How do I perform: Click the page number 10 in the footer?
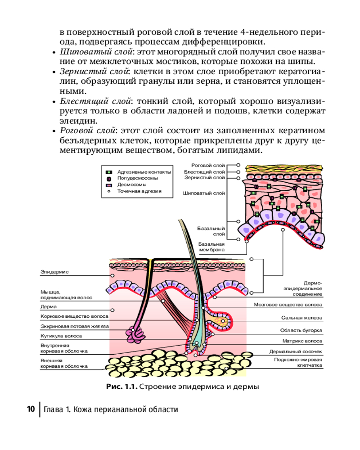[x=31, y=409]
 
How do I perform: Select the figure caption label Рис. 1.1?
[x=121, y=386]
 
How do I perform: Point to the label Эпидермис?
[x=54, y=272]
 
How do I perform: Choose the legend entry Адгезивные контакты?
[x=144, y=172]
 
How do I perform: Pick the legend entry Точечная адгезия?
[x=139, y=191]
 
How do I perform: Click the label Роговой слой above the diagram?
[x=208, y=165]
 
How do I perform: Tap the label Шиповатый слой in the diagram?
[x=204, y=193]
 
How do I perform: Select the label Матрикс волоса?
[x=302, y=341]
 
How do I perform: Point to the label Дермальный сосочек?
[x=296, y=351]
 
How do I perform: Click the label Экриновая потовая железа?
[x=74, y=326]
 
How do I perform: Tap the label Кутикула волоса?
[x=61, y=336]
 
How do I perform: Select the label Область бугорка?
[x=301, y=330]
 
